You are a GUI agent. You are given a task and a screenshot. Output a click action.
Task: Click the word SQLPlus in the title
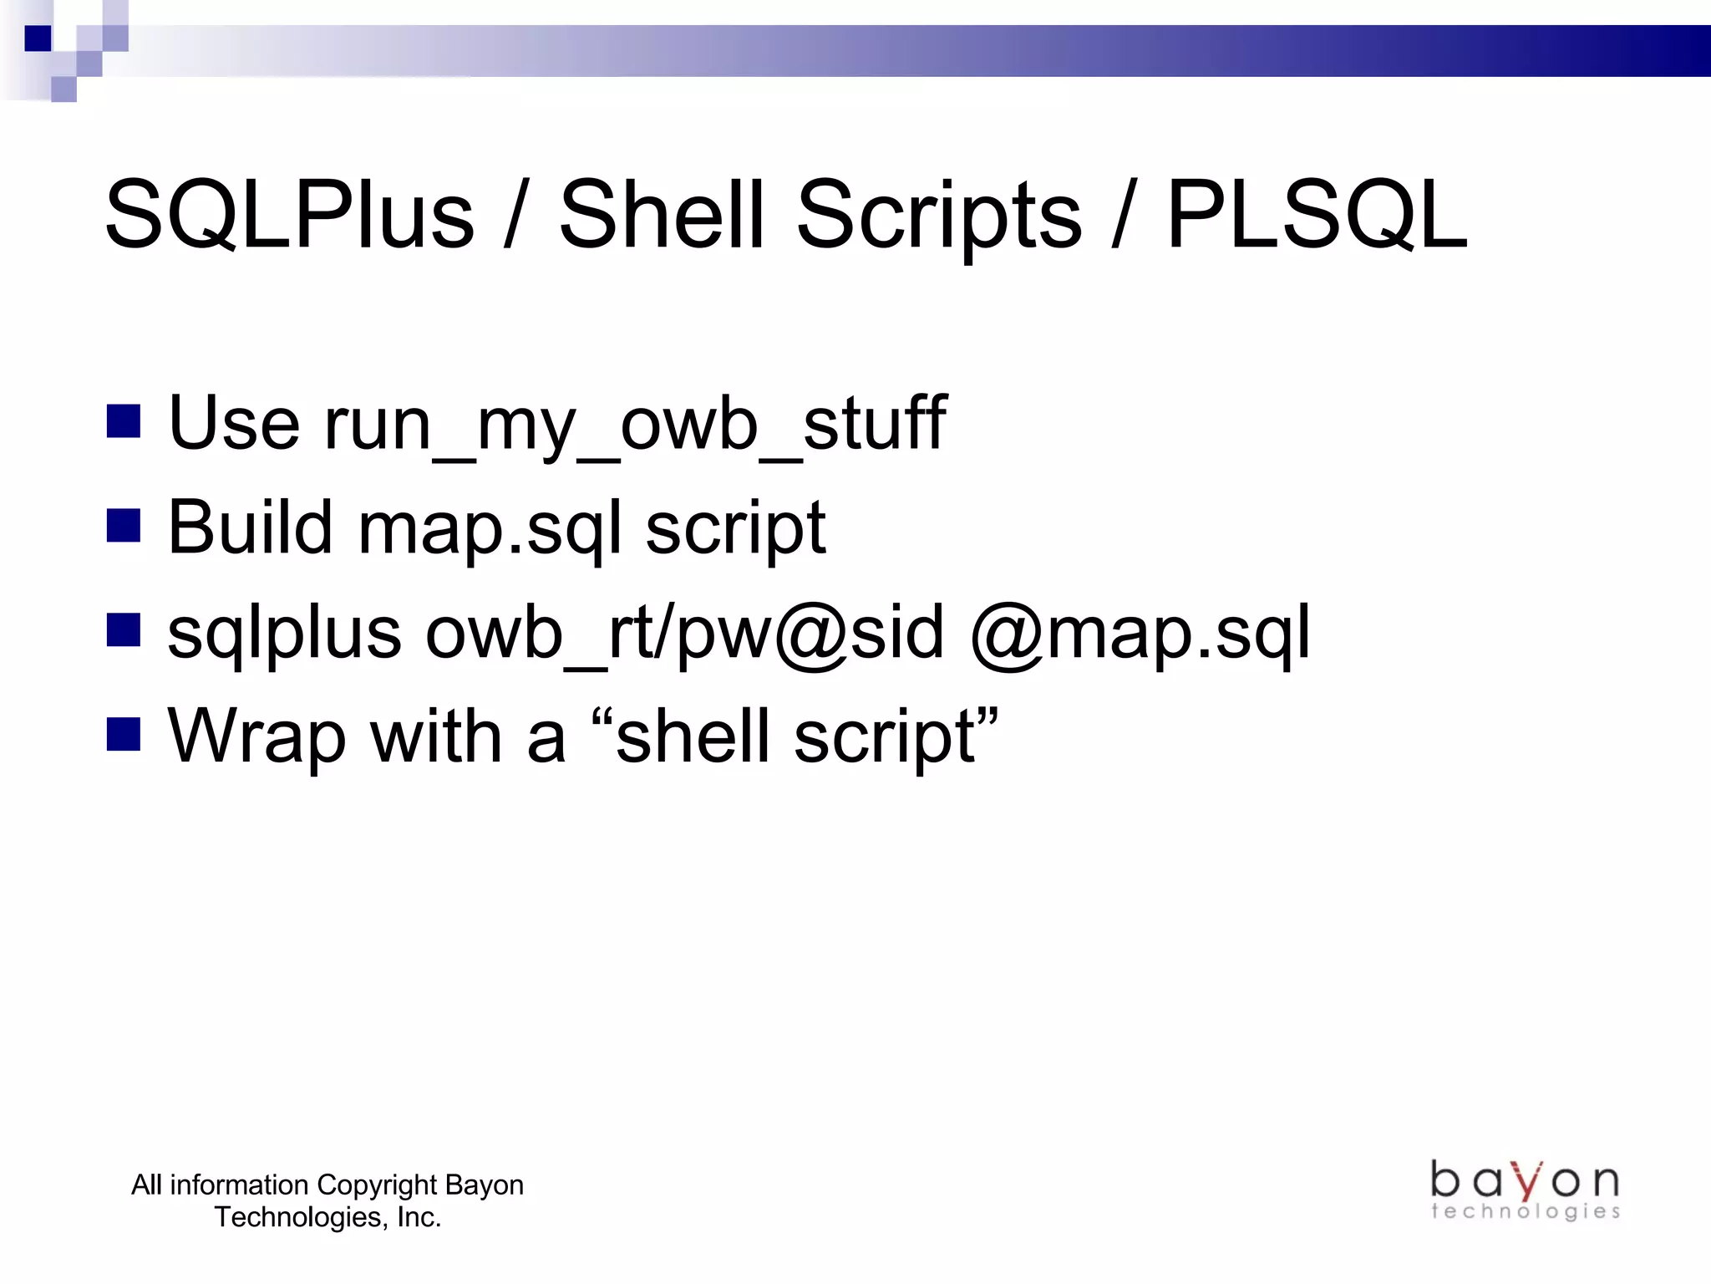[x=289, y=216]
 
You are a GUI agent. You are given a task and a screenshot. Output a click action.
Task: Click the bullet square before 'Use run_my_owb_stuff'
[x=124, y=422]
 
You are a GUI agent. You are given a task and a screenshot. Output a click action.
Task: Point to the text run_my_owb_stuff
[x=635, y=425]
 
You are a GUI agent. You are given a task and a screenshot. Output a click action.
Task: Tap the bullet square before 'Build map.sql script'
[x=124, y=527]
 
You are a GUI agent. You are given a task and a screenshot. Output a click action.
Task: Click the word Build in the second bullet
[x=250, y=527]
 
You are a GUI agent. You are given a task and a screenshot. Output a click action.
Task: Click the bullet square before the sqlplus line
[x=124, y=631]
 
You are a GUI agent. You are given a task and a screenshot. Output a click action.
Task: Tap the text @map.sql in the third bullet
[x=1140, y=634]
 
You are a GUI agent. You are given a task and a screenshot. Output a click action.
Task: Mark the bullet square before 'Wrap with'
[x=124, y=735]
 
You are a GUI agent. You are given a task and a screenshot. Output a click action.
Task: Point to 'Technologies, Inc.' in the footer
[x=327, y=1217]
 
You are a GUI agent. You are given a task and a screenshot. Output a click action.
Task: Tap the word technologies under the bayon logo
[x=1525, y=1211]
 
